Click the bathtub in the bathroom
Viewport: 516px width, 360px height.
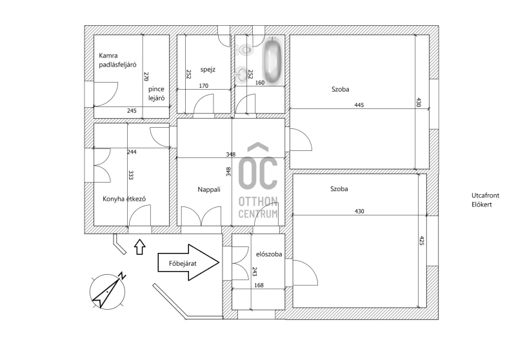tap(273, 61)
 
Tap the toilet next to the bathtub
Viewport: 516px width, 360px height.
tap(245, 50)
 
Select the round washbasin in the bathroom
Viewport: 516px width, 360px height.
tap(241, 73)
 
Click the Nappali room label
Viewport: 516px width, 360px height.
tap(209, 190)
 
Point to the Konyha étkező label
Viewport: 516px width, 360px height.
tap(124, 199)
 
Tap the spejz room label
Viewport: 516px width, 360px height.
tap(208, 70)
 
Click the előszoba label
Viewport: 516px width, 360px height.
tap(269, 254)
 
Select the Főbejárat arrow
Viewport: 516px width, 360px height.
tap(188, 263)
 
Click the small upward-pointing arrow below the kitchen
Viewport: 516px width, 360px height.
tap(140, 247)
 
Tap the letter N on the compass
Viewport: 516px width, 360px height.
tap(122, 275)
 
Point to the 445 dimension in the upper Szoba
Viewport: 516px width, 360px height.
tap(359, 105)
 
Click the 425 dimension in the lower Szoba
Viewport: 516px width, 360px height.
tap(422, 240)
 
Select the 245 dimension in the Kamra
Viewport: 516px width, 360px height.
tap(132, 111)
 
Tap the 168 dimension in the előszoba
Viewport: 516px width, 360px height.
tap(259, 285)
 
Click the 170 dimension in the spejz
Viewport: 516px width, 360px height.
tap(204, 86)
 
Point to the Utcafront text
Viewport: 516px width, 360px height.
tap(485, 195)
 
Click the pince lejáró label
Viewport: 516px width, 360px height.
tap(156, 94)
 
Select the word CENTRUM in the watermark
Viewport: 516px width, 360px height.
tap(258, 214)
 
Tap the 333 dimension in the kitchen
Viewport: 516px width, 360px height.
tap(131, 175)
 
